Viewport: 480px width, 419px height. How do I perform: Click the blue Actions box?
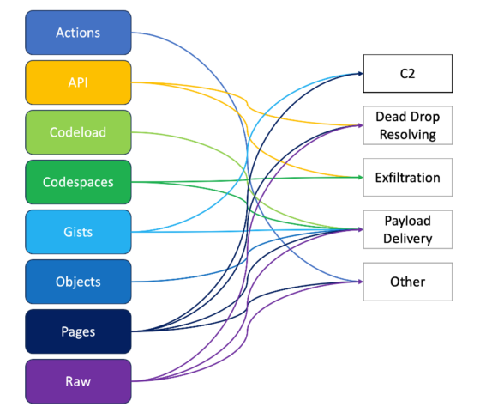coord(78,33)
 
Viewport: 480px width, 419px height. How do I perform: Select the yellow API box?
coord(78,82)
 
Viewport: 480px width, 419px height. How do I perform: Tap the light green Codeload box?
coord(78,132)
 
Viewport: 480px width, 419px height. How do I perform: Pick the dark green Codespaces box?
coord(78,182)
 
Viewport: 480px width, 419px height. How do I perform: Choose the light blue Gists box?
coord(78,232)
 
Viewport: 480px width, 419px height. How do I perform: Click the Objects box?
coord(78,282)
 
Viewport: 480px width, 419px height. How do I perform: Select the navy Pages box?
coord(78,331)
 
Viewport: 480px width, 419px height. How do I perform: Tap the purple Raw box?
coord(78,381)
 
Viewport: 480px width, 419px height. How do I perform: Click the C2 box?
coord(406,74)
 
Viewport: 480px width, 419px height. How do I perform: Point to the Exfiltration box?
coord(406,178)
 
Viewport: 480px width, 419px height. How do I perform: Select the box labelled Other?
coord(406,282)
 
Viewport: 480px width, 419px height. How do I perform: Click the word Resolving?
coord(406,135)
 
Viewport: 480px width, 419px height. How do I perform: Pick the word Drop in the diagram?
coord(423,117)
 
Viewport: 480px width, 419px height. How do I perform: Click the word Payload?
coord(406,221)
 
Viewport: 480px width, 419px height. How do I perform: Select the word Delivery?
coord(406,239)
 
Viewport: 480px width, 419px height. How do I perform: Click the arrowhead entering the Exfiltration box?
coord(359,178)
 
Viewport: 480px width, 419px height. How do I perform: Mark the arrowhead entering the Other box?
coord(359,282)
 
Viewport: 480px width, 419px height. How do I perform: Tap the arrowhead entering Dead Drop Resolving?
coord(359,126)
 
